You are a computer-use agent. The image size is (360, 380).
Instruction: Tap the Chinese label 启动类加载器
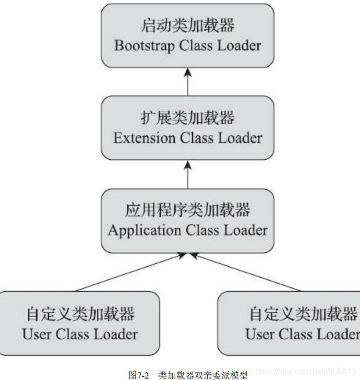[x=188, y=25]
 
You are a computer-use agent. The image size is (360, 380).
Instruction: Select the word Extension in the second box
[x=144, y=138]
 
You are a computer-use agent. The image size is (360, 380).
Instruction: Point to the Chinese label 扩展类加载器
[x=188, y=118]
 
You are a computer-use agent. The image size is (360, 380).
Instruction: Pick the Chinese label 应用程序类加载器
[x=188, y=210]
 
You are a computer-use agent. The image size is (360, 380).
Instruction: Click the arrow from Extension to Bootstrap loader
[x=188, y=82]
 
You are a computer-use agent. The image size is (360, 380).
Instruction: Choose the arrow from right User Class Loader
[x=247, y=273]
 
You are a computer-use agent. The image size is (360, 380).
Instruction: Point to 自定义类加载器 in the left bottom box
[x=80, y=314]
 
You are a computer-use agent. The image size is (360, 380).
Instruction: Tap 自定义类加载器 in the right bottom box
[x=303, y=314]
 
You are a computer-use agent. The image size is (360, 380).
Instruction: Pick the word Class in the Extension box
[x=197, y=138]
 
